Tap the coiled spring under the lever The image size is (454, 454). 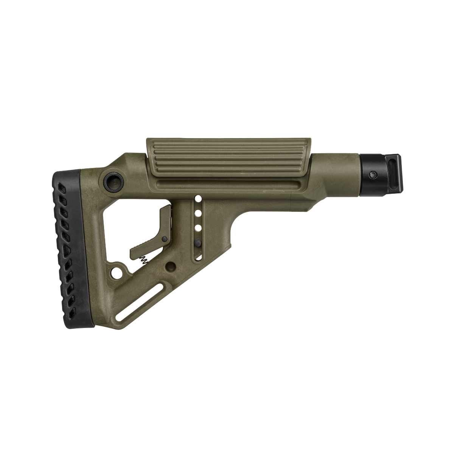point(143,260)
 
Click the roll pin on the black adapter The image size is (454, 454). point(373,175)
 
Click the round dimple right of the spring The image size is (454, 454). point(170,266)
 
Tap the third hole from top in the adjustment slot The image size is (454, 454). point(197,227)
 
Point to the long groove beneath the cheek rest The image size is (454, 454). point(227,185)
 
